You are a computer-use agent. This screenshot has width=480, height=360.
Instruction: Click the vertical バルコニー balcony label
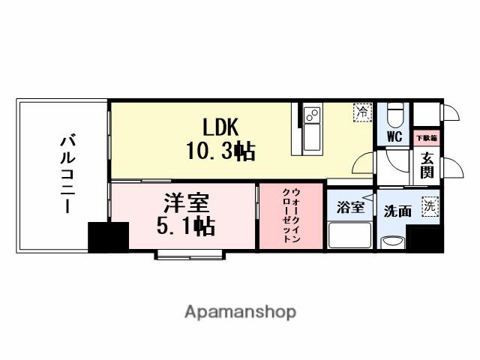click(67, 174)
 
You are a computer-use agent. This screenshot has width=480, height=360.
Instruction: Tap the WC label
click(394, 136)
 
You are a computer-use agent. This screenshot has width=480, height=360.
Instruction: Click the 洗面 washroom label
click(397, 211)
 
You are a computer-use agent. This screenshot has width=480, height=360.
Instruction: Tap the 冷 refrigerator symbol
click(362, 112)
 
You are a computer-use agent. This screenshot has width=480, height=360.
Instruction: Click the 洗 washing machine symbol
click(430, 205)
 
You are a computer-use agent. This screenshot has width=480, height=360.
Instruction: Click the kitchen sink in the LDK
click(312, 115)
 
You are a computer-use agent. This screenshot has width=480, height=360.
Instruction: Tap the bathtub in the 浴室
click(349, 235)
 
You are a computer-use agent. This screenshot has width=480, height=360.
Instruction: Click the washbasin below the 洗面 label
click(392, 241)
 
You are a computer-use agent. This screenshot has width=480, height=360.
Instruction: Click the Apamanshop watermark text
click(240, 311)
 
